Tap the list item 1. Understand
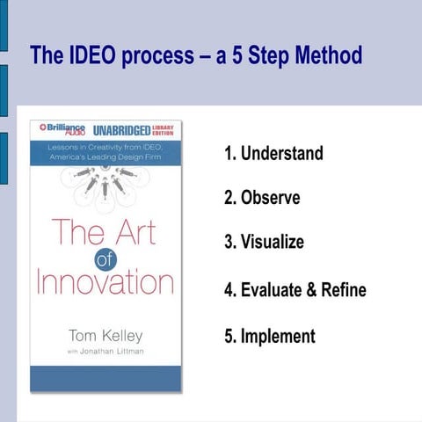click(273, 154)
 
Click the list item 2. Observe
click(262, 198)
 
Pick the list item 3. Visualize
click(264, 242)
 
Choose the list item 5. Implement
click(269, 336)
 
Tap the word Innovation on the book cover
click(105, 282)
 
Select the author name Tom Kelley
click(105, 336)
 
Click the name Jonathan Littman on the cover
click(112, 352)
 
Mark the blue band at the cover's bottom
click(105, 378)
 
